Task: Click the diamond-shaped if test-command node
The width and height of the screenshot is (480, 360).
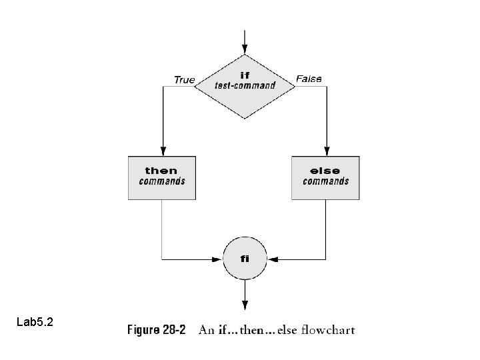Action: pyautogui.click(x=245, y=87)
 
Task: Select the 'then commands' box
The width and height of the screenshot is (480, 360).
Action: pyautogui.click(x=162, y=178)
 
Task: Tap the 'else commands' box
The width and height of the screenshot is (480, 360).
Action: pyautogui.click(x=325, y=178)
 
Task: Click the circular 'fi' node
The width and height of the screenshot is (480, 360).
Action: pyautogui.click(x=245, y=257)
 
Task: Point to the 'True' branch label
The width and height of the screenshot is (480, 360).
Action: pyautogui.click(x=184, y=80)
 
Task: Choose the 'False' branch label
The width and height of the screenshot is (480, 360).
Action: pyautogui.click(x=309, y=79)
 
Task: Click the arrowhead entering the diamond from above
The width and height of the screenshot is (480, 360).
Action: pyautogui.click(x=245, y=49)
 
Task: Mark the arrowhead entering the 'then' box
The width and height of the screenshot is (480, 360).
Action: pyautogui.click(x=162, y=151)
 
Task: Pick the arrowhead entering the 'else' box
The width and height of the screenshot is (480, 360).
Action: pyautogui.click(x=325, y=151)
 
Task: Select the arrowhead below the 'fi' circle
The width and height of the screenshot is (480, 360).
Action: pyautogui.click(x=245, y=305)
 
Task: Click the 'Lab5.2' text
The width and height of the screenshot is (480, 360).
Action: pyautogui.click(x=35, y=323)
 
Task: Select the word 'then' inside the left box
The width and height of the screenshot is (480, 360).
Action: pyautogui.click(x=162, y=171)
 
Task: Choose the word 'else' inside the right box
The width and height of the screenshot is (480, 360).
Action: pyautogui.click(x=325, y=171)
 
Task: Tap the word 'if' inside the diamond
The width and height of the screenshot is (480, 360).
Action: pyautogui.click(x=245, y=75)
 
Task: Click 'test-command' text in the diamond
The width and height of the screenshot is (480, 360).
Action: pyautogui.click(x=245, y=86)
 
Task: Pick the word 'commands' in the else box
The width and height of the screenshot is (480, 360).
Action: pyautogui.click(x=325, y=181)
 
